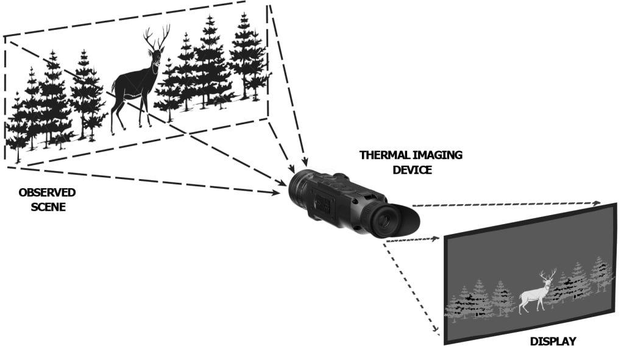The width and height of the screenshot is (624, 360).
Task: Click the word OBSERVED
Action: [47, 192]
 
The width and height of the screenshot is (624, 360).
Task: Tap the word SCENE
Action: [48, 207]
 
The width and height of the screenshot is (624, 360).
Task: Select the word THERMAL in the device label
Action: [385, 155]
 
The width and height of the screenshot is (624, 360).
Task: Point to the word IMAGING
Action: [438, 155]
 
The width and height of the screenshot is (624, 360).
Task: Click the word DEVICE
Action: [412, 170]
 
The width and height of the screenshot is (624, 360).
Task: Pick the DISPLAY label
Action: [553, 341]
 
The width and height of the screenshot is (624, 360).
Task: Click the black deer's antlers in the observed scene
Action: [157, 37]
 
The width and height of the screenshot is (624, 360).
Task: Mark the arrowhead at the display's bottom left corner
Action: [436, 330]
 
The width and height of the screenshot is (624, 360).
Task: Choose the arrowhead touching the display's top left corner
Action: [435, 238]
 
